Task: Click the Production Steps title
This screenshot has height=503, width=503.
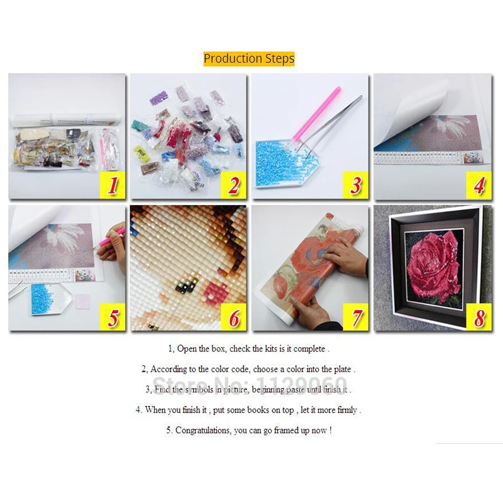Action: tap(249, 58)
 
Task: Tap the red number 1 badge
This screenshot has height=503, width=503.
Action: tap(113, 186)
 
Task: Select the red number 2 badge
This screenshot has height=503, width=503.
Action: tap(234, 186)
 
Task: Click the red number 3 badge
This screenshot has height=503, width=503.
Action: tap(356, 186)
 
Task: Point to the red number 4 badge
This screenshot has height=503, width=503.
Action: tap(478, 186)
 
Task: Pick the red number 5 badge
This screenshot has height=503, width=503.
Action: tap(113, 318)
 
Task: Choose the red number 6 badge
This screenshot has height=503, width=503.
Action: tap(234, 318)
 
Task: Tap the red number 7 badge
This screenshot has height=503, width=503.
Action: tap(356, 318)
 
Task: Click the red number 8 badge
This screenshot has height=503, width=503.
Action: tap(478, 318)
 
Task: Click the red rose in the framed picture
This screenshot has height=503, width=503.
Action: tap(434, 264)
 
